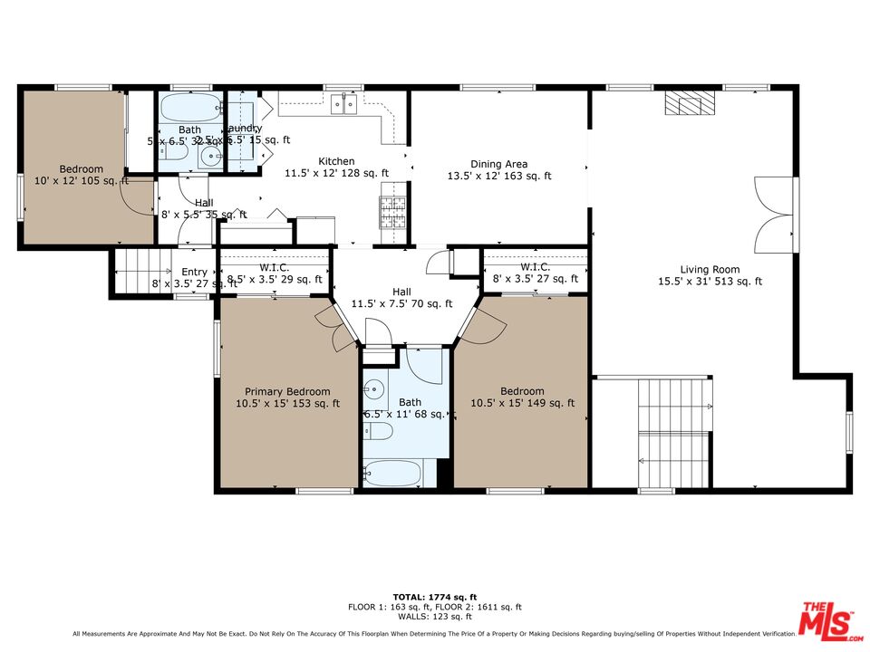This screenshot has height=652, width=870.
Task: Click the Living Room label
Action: point(710,275)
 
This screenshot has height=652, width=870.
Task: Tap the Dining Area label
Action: point(498,170)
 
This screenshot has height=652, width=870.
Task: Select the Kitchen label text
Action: point(336,167)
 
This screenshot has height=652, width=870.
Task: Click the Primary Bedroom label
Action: point(287,398)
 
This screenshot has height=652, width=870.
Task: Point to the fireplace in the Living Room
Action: point(689,103)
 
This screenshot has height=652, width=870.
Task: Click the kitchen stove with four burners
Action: point(392,214)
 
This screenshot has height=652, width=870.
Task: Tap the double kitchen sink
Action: point(343,105)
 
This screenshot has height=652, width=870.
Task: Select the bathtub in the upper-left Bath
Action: point(189,109)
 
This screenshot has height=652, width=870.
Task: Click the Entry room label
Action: point(194,273)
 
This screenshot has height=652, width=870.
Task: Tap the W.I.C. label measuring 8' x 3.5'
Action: point(535,273)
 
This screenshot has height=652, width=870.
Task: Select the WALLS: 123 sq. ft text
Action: point(435,617)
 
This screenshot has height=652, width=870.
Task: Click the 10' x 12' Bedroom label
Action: point(81,175)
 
